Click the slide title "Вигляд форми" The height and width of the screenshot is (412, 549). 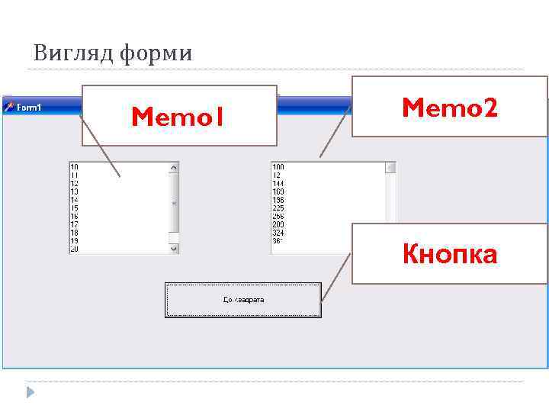(x=113, y=53)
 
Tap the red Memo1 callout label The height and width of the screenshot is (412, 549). (x=177, y=117)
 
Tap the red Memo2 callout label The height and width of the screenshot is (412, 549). (x=450, y=108)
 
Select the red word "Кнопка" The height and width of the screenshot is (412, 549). (x=450, y=254)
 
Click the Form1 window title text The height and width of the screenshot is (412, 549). (x=29, y=108)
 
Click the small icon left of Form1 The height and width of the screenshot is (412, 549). (x=9, y=108)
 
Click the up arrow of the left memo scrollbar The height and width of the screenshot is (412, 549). (x=174, y=166)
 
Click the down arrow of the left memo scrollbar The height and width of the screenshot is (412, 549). (x=174, y=248)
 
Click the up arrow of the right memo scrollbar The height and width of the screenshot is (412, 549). (x=390, y=167)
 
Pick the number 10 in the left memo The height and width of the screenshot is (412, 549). (x=74, y=166)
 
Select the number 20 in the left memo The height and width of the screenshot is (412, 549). (x=74, y=249)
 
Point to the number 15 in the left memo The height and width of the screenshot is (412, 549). (x=74, y=208)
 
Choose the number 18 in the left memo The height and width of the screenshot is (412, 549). (x=74, y=233)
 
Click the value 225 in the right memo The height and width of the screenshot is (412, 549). (x=278, y=208)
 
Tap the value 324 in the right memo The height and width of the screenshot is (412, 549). (x=278, y=233)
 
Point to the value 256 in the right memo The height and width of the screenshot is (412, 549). (x=278, y=217)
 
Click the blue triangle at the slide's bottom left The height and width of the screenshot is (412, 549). (x=30, y=392)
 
